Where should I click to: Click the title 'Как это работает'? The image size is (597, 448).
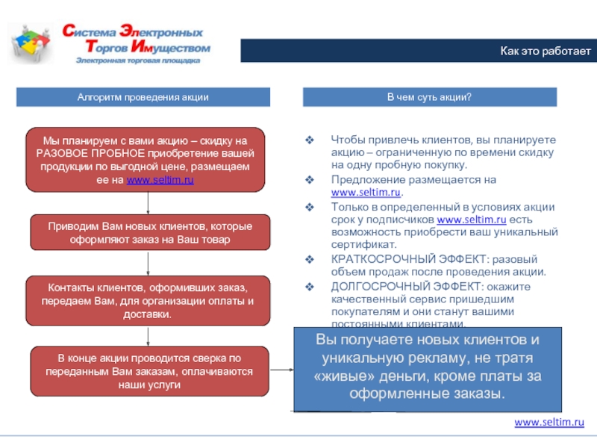point(545,52)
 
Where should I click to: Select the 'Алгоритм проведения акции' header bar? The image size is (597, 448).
point(143,97)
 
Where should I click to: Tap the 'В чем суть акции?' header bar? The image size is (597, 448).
point(429,97)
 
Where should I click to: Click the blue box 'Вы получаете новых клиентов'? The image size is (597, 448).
point(428,367)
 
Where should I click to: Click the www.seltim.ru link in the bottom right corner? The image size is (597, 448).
point(549,423)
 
